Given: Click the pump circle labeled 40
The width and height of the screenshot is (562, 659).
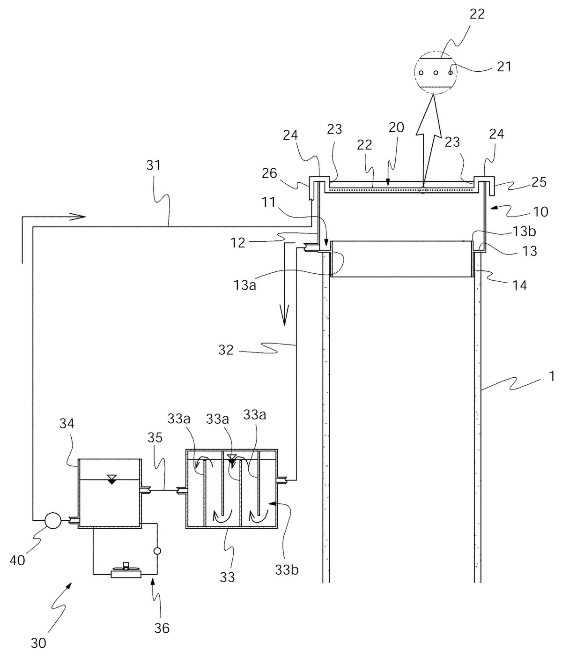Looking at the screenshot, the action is pyautogui.click(x=53, y=521).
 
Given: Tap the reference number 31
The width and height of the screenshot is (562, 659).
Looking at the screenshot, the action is pyautogui.click(x=154, y=165).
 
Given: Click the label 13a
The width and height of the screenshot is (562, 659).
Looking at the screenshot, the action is pyautogui.click(x=244, y=285).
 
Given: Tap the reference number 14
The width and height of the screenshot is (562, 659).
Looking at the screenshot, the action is pyautogui.click(x=518, y=285).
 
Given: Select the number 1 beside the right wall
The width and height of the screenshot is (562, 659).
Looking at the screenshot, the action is pyautogui.click(x=552, y=376).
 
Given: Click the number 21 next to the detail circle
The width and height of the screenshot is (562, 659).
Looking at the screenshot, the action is pyautogui.click(x=504, y=67).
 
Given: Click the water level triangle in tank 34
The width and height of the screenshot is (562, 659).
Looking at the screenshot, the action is pyautogui.click(x=112, y=479).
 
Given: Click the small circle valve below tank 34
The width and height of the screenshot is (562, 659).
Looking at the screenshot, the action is pyautogui.click(x=157, y=551).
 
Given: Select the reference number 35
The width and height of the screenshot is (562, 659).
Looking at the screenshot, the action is pyautogui.click(x=155, y=438).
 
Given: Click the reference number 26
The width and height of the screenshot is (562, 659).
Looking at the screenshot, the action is pyautogui.click(x=270, y=173).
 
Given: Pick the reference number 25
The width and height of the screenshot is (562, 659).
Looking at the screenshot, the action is pyautogui.click(x=539, y=182).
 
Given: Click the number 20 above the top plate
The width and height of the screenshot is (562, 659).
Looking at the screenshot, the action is pyautogui.click(x=396, y=127).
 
